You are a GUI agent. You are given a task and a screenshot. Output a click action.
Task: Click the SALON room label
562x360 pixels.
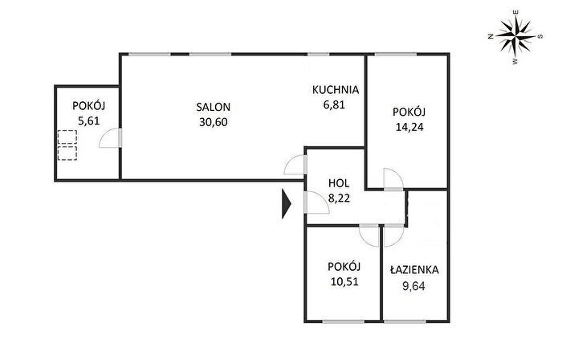(214, 107)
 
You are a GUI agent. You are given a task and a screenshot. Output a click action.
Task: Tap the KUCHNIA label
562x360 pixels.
(336, 90)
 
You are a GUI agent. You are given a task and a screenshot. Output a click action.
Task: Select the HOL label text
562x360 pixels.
(339, 183)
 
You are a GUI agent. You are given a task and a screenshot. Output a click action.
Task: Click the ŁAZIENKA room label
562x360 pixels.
(414, 269)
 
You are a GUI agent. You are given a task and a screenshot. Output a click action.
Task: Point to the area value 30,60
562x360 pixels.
(214, 122)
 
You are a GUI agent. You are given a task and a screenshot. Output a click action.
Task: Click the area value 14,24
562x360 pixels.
(409, 127)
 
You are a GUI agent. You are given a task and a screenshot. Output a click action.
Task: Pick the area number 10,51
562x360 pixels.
(344, 281)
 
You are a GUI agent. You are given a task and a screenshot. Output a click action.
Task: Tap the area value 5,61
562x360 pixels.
(88, 121)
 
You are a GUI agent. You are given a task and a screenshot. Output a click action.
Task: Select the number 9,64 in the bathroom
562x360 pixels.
(413, 286)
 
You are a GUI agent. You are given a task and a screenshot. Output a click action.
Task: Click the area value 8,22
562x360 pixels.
(339, 198)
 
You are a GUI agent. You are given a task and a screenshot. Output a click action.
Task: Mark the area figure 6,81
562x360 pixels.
(334, 104)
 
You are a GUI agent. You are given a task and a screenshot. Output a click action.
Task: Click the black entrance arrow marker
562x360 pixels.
(286, 203)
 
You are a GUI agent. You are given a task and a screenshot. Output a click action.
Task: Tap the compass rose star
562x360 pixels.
(515, 35)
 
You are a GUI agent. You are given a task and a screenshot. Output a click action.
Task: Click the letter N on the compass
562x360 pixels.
(491, 36)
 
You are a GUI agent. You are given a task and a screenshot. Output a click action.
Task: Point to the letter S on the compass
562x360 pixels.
(540, 36)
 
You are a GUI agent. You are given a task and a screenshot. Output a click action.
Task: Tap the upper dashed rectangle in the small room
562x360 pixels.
(67, 137)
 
